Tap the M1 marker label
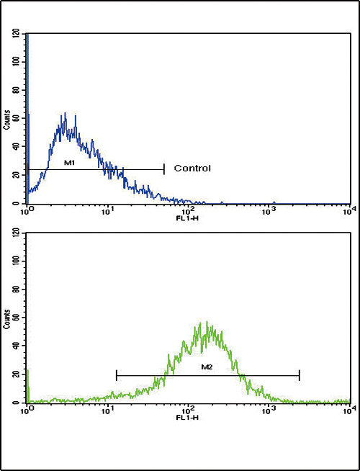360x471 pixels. click(70, 163)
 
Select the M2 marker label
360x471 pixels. click(206, 368)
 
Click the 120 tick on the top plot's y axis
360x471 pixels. click(17, 34)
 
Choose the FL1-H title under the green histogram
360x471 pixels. click(188, 416)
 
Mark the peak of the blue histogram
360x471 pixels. click(65, 113)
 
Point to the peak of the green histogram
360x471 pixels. click(207, 322)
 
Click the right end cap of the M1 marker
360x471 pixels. click(164, 169)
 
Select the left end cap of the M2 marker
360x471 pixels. click(116, 374)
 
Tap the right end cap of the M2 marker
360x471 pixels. click(299, 374)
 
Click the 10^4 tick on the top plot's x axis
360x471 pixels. click(348, 210)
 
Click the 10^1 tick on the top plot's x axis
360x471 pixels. click(107, 210)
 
